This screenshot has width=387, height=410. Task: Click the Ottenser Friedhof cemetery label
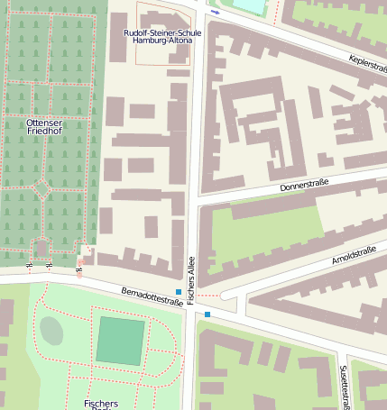[44, 126]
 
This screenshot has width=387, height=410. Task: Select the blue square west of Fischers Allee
[179, 292]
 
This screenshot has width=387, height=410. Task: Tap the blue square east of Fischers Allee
[207, 314]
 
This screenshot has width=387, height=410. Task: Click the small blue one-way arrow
[216, 14]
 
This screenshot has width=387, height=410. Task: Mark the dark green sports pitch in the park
[120, 341]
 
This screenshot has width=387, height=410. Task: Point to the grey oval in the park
[51, 331]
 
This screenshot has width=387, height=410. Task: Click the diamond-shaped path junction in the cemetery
[41, 189]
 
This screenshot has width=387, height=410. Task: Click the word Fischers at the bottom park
[101, 404]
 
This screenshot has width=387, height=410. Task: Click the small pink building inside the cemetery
[41, 246]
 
